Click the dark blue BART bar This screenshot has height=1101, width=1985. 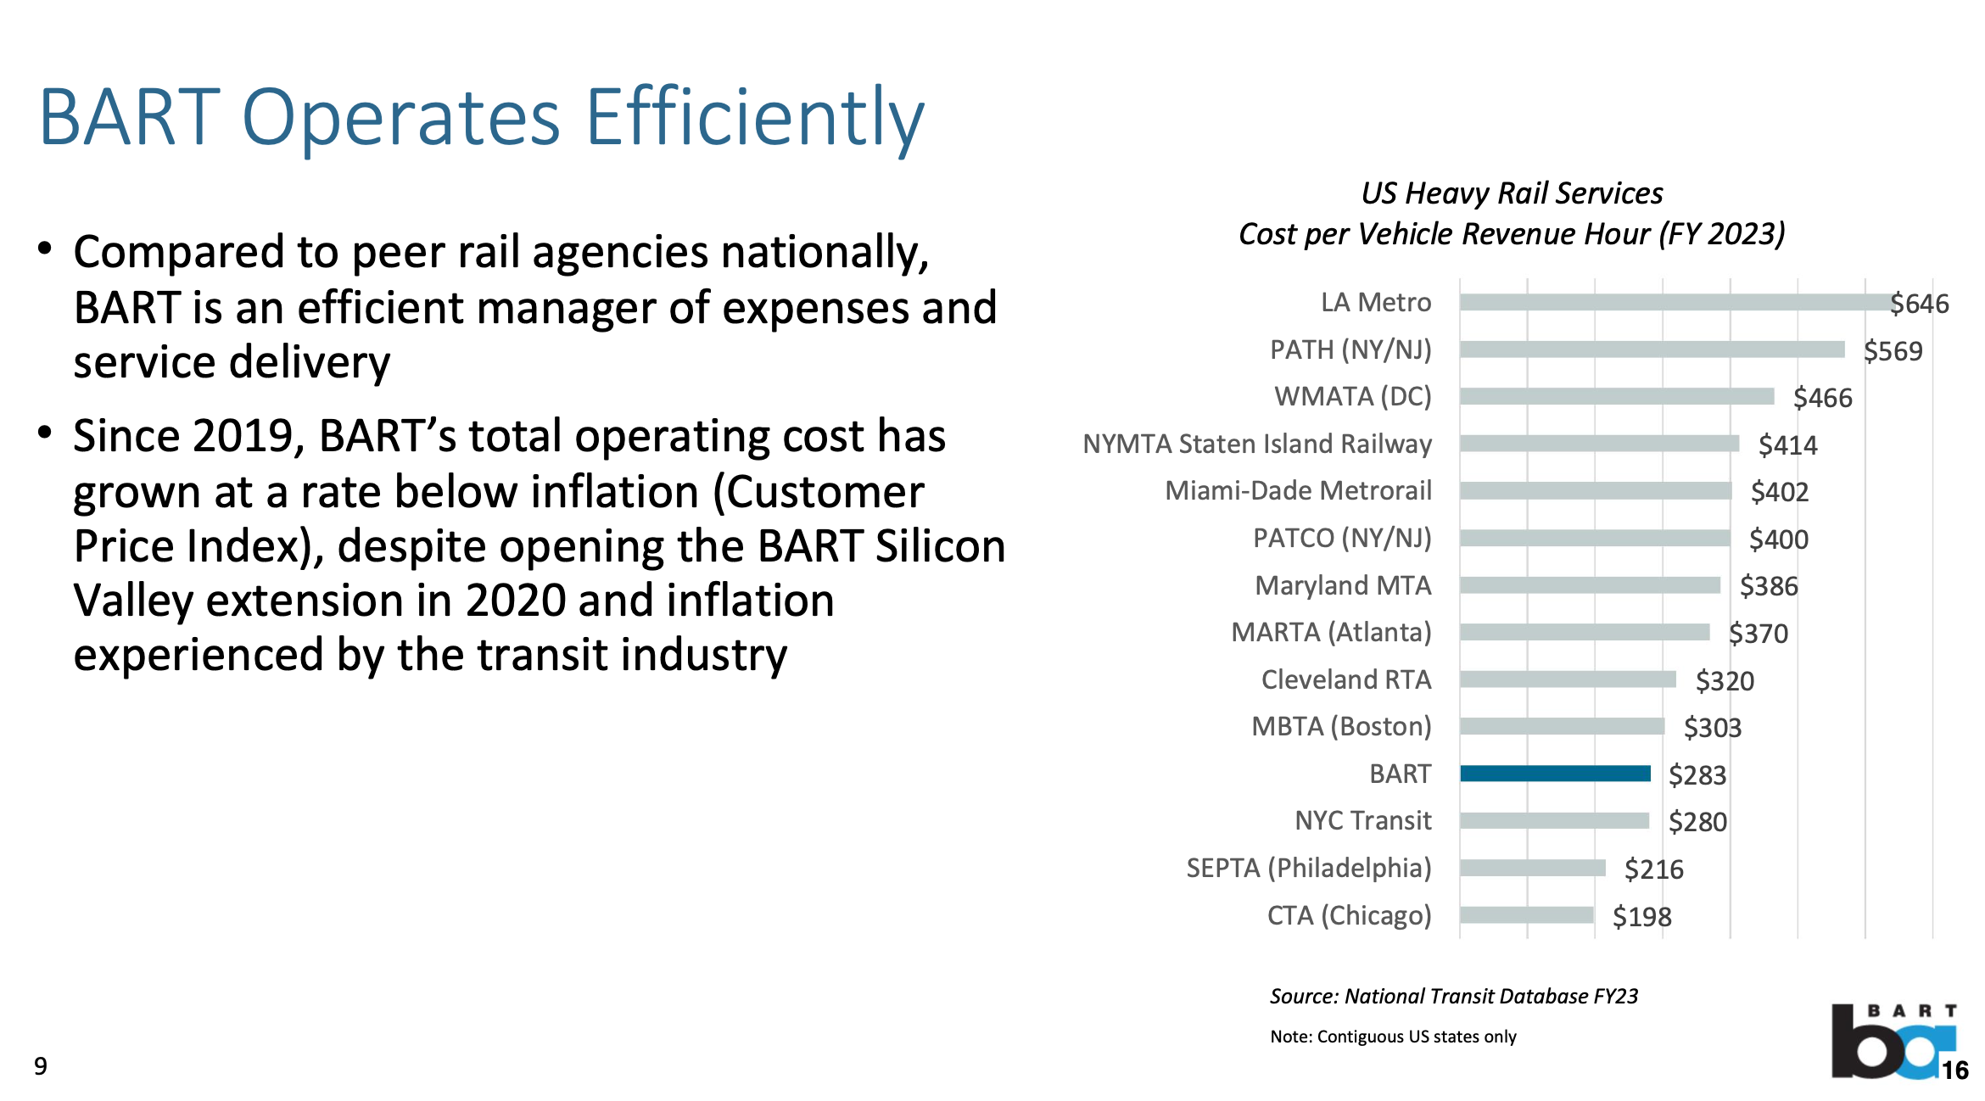(1555, 774)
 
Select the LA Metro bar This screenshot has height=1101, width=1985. (1675, 303)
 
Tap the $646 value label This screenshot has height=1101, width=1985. (1919, 304)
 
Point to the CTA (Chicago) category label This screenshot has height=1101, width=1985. (1349, 915)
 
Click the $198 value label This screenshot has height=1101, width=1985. (1641, 917)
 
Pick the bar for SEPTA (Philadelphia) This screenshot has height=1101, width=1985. (1532, 868)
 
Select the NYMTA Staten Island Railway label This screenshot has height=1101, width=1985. (1257, 444)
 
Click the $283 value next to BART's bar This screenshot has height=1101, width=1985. (1697, 775)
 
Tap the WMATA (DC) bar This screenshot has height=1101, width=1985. (1617, 396)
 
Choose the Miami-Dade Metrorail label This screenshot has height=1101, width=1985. (1298, 490)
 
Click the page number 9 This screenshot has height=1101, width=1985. (41, 1066)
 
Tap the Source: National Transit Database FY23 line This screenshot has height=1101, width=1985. (1453, 996)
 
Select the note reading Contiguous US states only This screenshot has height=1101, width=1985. (1393, 1037)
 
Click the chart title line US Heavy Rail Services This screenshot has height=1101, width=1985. (1512, 193)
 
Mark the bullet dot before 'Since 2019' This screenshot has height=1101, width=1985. (45, 433)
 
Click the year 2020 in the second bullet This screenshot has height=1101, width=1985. (516, 601)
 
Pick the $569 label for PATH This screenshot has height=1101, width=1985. (1893, 351)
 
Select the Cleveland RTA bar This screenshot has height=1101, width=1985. (1568, 679)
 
